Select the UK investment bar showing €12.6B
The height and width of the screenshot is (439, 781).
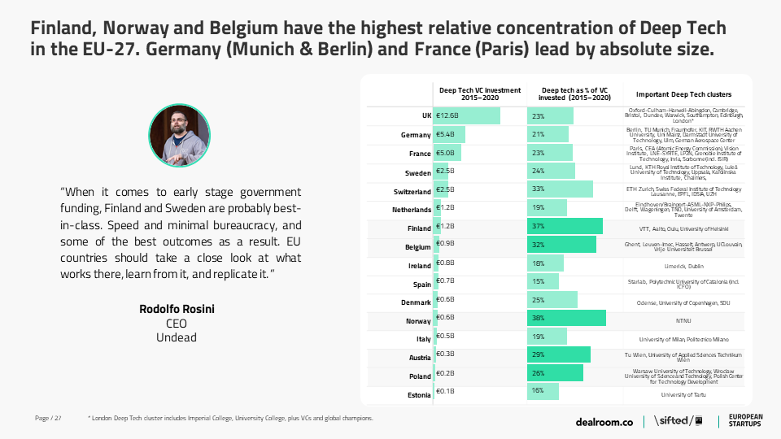click(467, 116)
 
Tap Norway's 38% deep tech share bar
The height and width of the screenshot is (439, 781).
click(566, 318)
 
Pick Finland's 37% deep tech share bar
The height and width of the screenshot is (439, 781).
click(565, 226)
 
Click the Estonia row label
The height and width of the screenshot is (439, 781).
click(419, 394)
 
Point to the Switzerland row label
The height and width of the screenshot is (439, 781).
click(412, 192)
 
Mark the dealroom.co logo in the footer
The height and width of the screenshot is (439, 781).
click(604, 421)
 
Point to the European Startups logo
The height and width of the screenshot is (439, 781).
click(744, 420)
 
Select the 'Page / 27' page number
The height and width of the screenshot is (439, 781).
click(48, 419)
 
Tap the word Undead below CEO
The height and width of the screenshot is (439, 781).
click(177, 337)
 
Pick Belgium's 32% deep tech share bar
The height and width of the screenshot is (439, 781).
click(561, 245)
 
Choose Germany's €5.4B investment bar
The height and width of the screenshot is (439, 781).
click(450, 134)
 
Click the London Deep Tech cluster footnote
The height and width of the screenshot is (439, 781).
click(230, 419)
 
